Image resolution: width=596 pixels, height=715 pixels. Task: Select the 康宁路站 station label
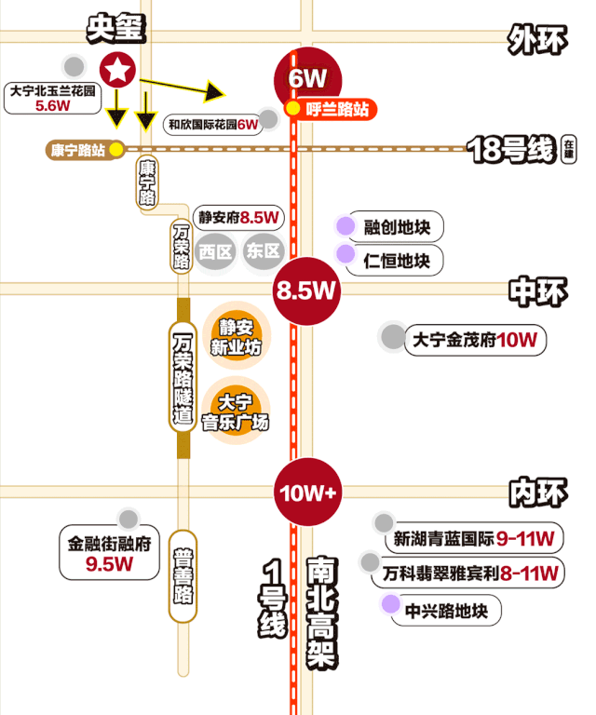tap(78, 149)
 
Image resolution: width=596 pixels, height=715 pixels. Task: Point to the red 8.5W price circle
tap(305, 290)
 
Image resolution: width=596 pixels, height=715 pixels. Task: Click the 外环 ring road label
tap(536, 39)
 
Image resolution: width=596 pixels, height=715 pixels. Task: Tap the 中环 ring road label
tap(537, 292)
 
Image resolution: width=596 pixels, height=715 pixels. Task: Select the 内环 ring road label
tap(537, 492)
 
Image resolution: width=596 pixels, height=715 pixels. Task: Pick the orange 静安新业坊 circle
tap(237, 337)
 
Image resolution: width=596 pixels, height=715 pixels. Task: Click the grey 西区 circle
tap(215, 251)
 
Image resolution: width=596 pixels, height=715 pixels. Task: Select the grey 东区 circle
tap(264, 251)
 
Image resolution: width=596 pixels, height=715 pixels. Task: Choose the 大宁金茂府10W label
tap(474, 340)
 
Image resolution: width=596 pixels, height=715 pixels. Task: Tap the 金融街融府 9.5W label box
tap(109, 552)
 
